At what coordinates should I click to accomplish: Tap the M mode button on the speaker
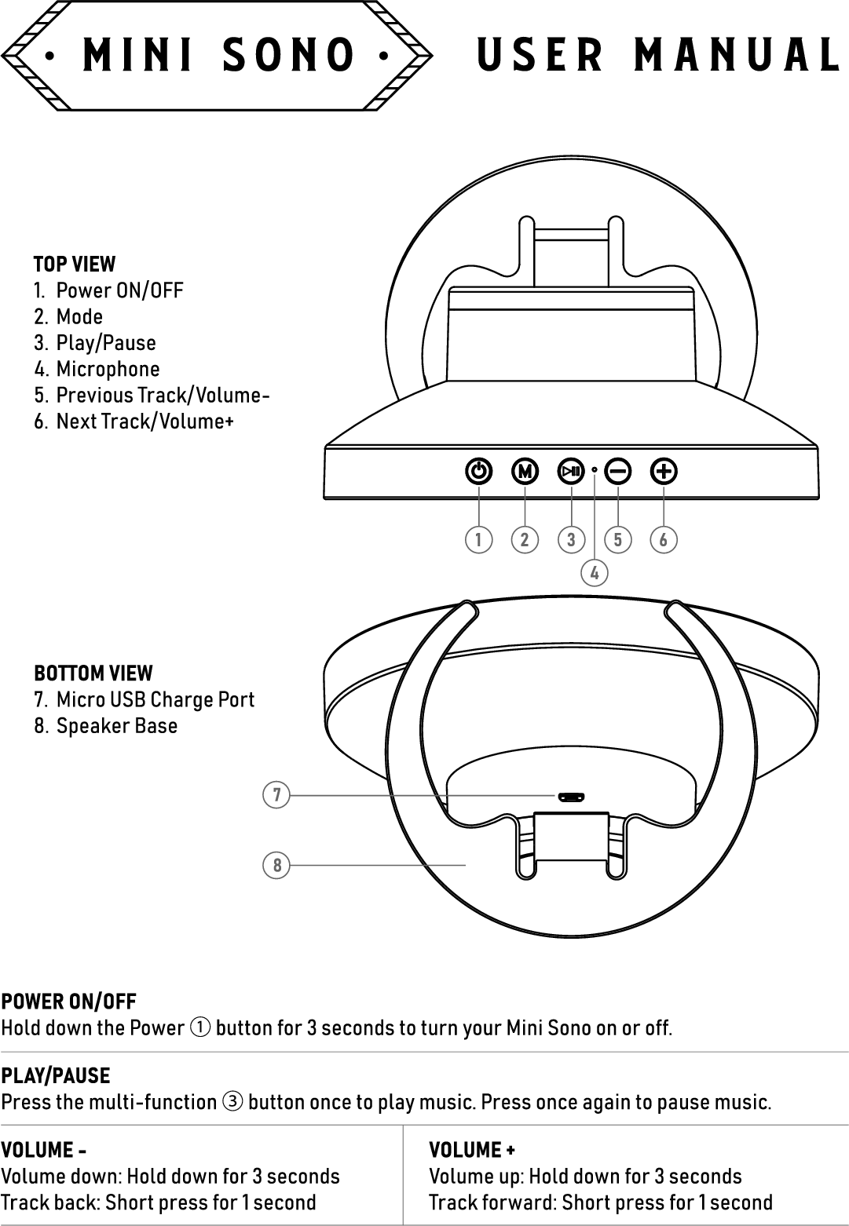click(x=525, y=472)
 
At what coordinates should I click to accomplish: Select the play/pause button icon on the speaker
click(x=571, y=472)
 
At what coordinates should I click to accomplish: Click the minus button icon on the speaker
click(x=618, y=472)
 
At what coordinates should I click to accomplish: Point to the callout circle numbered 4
click(x=595, y=573)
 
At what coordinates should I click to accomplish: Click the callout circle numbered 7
click(x=276, y=795)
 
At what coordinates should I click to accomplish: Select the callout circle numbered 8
click(x=276, y=866)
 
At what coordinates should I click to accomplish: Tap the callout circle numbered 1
click(x=478, y=540)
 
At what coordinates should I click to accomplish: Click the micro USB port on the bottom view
click(x=571, y=797)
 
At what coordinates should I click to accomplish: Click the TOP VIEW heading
click(x=74, y=264)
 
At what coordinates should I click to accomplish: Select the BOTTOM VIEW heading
click(x=93, y=673)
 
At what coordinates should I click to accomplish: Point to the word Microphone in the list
click(x=108, y=369)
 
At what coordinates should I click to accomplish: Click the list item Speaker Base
click(x=116, y=725)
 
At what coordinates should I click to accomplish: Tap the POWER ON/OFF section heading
click(x=68, y=1002)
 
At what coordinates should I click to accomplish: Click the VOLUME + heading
click(x=471, y=1150)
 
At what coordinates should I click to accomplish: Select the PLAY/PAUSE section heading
click(x=55, y=1075)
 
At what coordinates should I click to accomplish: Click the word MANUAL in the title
click(x=737, y=55)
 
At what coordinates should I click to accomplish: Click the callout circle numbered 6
click(x=664, y=540)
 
